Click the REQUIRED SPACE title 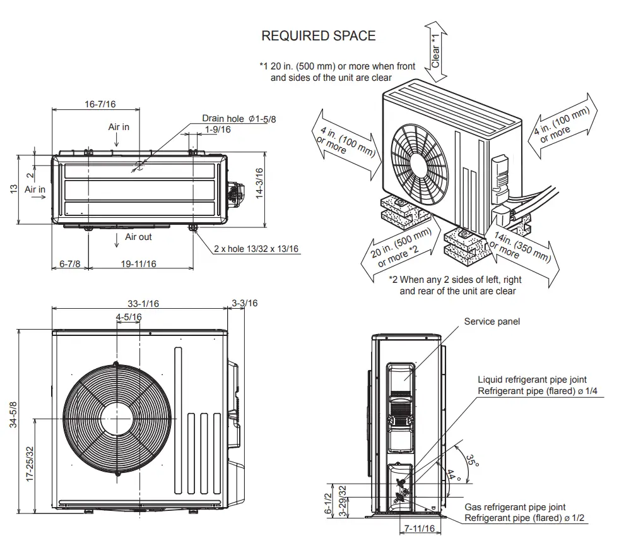pyautogui.click(x=318, y=36)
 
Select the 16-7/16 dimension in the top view pyautogui.click(x=105, y=104)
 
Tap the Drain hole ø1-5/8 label pyautogui.click(x=239, y=118)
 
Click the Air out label pyautogui.click(x=138, y=237)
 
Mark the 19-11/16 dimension pyautogui.click(x=138, y=263)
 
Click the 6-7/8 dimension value pyautogui.click(x=70, y=263)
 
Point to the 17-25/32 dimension pyautogui.click(x=29, y=466)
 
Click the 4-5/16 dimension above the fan pyautogui.click(x=129, y=316)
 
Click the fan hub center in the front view pyautogui.click(x=115, y=418)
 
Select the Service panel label pyautogui.click(x=492, y=321)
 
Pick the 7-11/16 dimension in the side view pyautogui.click(x=420, y=529)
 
